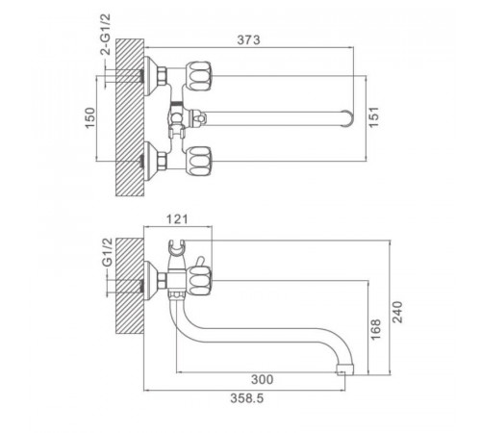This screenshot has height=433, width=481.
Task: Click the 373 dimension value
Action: point(248,40)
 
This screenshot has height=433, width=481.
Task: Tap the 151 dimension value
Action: point(374,116)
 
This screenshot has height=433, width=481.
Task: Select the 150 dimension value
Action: point(90,117)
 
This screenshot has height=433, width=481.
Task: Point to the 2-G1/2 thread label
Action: point(106,35)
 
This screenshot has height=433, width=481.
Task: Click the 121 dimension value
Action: point(177,219)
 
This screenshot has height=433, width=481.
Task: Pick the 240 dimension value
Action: point(397,312)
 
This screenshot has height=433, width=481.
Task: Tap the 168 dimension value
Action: point(375,329)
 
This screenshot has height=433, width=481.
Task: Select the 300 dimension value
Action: point(262,380)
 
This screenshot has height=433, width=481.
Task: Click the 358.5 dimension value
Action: point(247,398)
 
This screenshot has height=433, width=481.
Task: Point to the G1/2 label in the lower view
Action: point(108,252)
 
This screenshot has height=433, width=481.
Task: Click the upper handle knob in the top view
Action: point(199,76)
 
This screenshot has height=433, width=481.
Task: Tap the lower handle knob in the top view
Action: point(199,161)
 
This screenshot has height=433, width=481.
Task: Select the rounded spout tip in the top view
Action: point(347,117)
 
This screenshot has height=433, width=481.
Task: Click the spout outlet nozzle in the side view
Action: point(344,369)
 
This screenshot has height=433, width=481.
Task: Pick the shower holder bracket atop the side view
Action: point(176,249)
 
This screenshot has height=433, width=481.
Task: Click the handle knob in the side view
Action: point(199,281)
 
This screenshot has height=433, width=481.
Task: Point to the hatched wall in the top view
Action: point(130,117)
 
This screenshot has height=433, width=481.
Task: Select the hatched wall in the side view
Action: point(130,287)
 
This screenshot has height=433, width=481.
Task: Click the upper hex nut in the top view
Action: point(162,76)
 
